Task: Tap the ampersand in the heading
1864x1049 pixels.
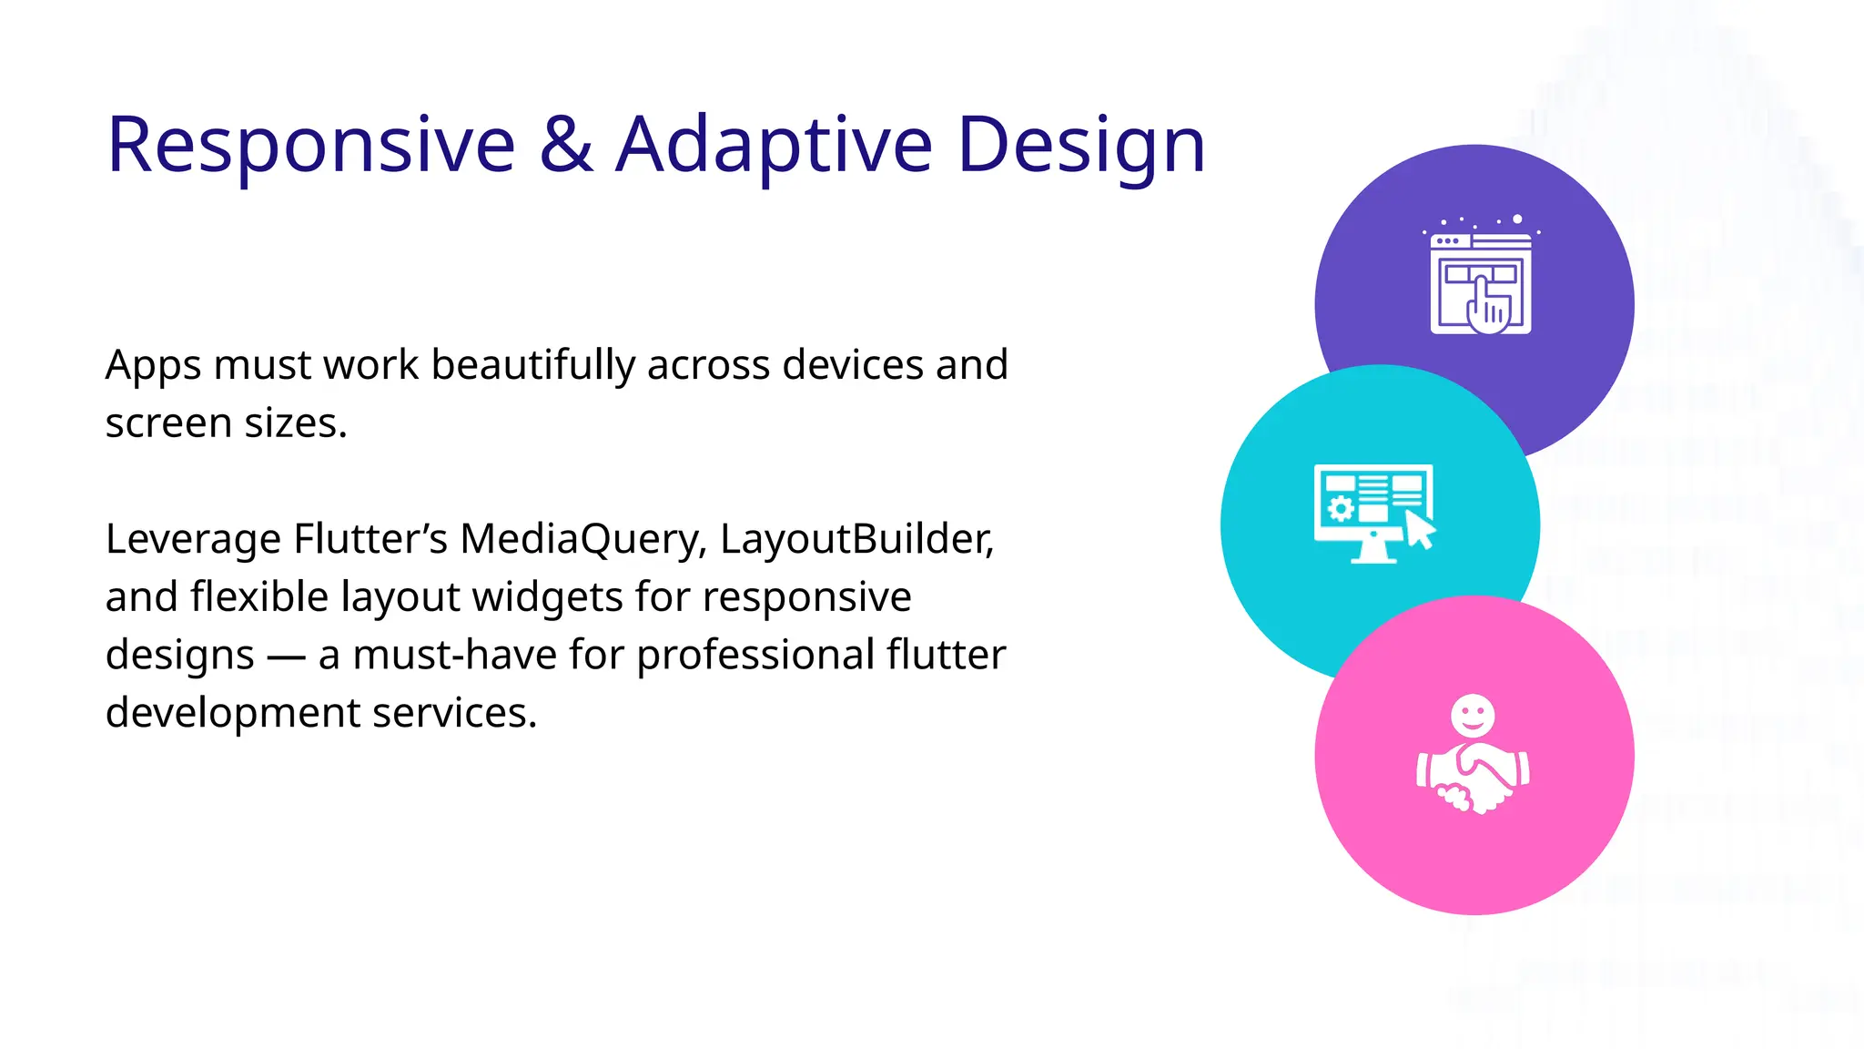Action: coord(566,146)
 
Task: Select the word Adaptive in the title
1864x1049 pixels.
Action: coord(774,146)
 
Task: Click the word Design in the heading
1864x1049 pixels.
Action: coord(1081,146)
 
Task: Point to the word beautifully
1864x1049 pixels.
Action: coord(532,365)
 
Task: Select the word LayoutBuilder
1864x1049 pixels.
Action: coord(856,539)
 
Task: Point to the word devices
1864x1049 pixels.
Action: coord(852,365)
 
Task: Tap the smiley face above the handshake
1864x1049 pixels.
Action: coord(1473,715)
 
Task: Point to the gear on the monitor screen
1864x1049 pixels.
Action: coord(1341,508)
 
